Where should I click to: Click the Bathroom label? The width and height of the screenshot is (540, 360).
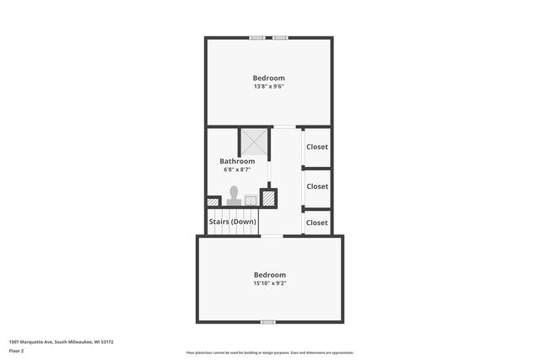tap(237, 161)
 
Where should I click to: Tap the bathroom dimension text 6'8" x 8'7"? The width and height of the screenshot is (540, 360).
tap(237, 169)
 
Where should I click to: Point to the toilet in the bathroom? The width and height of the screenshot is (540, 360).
tap(234, 196)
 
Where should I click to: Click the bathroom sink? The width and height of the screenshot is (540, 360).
tap(251, 200)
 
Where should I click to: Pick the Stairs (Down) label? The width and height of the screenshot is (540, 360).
tap(233, 223)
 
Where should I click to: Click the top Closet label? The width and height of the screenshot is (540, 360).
tap(317, 147)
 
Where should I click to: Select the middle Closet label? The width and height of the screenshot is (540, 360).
tap(317, 186)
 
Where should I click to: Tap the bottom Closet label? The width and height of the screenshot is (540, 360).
tap(317, 223)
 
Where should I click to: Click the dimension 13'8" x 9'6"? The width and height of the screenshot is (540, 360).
tap(269, 86)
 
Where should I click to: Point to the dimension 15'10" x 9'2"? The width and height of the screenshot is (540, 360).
tap(270, 283)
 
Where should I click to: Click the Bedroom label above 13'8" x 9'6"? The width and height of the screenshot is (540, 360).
tap(269, 78)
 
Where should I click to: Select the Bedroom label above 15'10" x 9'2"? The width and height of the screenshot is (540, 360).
tap(270, 275)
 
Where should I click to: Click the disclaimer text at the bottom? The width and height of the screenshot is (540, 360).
tap(270, 352)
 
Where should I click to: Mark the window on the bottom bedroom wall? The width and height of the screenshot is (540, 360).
tap(267, 322)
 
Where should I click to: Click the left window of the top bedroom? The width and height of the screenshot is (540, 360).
tap(258, 37)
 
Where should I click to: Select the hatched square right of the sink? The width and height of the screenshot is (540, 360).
tap(269, 198)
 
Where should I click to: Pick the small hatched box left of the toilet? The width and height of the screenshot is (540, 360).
tap(213, 202)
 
